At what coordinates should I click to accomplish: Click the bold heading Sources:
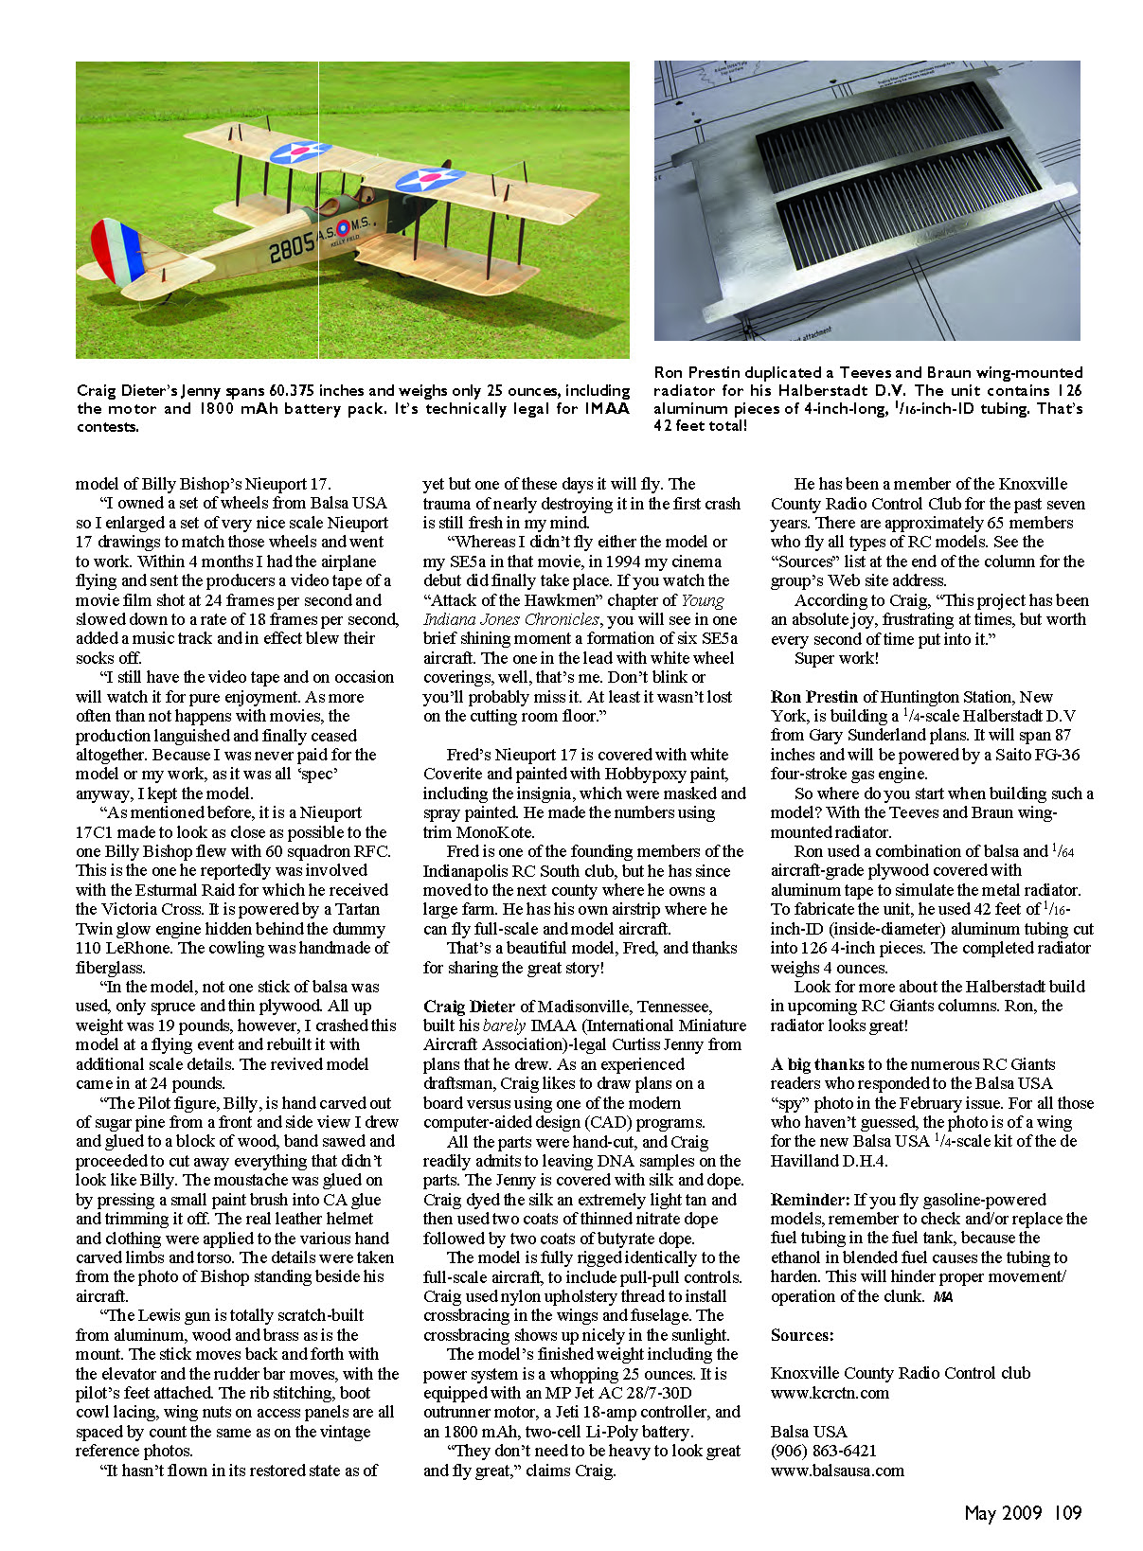coord(802,1335)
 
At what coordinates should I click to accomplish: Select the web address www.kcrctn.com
coord(830,1393)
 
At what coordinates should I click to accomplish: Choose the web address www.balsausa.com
coord(837,1471)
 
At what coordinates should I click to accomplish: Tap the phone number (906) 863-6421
coord(824,1451)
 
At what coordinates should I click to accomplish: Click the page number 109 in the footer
coord(1067,1513)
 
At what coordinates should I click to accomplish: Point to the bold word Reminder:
coord(811,1200)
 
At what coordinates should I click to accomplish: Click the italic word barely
coord(504,1025)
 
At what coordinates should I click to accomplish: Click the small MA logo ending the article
coord(942,1297)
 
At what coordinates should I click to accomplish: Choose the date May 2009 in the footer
coord(1003,1513)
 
